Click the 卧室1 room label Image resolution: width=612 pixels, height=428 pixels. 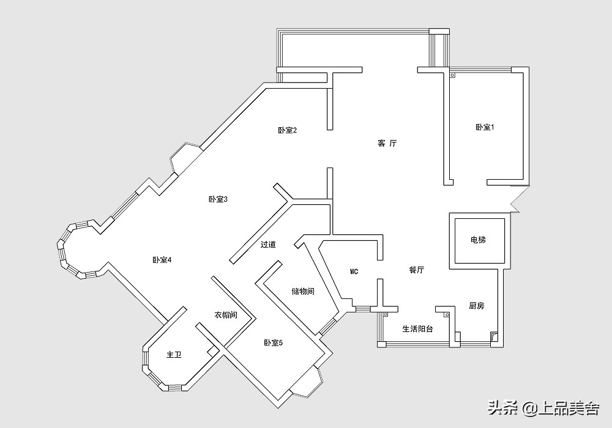click(485, 127)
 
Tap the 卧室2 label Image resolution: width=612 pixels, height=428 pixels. click(287, 130)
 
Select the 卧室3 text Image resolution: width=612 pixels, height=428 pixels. click(218, 199)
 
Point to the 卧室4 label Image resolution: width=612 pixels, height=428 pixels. click(162, 260)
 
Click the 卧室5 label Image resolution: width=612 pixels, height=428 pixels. click(274, 342)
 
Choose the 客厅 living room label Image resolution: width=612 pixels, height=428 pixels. click(387, 144)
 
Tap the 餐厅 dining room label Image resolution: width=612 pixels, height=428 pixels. click(417, 270)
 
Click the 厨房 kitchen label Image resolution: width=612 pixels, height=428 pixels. click(476, 306)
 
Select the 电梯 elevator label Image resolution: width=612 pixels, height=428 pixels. click(478, 240)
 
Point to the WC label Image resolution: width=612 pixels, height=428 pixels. click(354, 271)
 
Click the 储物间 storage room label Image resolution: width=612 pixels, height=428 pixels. click(303, 292)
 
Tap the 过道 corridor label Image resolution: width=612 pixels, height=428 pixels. click(268, 245)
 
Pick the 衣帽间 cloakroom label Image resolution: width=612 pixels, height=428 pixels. click(225, 315)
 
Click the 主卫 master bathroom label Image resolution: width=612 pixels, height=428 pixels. click(174, 355)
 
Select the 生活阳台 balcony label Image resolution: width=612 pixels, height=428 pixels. click(417, 329)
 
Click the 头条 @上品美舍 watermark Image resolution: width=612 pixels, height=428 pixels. click(542, 407)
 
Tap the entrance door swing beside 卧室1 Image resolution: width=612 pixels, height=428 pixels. click(515, 200)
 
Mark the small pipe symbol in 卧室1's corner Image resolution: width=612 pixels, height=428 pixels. click(453, 75)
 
